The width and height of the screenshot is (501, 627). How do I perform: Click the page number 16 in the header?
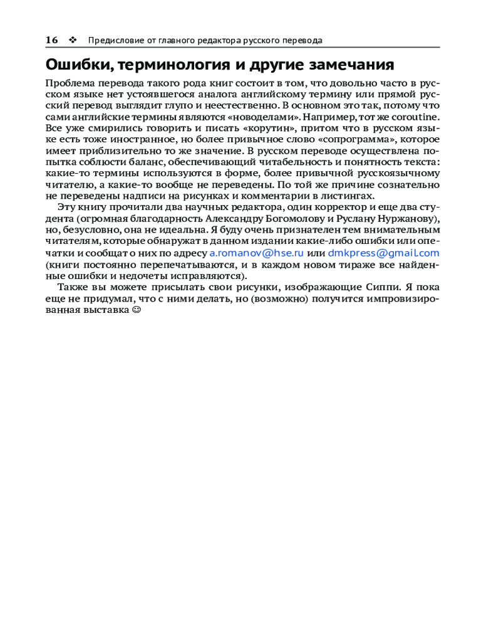(51, 40)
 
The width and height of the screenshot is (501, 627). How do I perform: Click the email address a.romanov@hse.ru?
(256, 253)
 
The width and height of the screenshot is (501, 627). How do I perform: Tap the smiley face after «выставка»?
(137, 310)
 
